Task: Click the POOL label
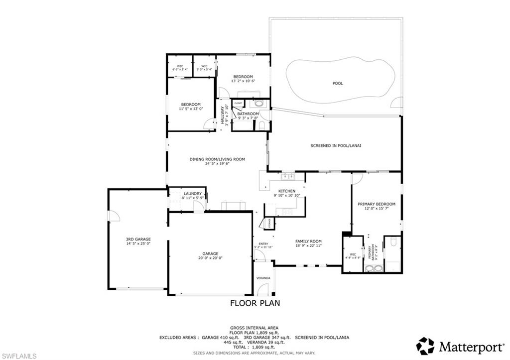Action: (338, 84)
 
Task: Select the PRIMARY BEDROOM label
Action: (377, 204)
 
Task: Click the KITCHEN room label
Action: (287, 191)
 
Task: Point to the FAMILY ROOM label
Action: (308, 241)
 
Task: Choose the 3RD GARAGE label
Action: (138, 240)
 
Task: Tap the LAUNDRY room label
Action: (192, 194)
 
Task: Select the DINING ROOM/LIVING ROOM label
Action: (217, 160)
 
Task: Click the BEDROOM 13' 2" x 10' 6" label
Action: (243, 77)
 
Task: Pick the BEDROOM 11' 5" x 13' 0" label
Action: (190, 105)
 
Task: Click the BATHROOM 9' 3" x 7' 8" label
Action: (248, 114)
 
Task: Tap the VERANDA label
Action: (263, 277)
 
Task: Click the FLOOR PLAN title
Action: (255, 303)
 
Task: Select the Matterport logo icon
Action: (425, 346)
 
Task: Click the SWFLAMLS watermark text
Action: (18, 356)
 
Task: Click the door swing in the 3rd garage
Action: (114, 215)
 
